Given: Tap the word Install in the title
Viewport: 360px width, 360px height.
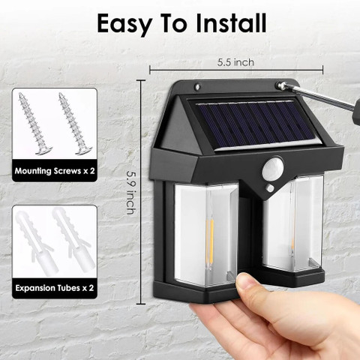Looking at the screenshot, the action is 231,23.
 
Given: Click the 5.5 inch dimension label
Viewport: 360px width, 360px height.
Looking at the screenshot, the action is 235,62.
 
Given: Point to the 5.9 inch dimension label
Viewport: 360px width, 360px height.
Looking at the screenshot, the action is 131,193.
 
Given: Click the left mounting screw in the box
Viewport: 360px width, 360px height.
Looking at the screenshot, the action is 35,124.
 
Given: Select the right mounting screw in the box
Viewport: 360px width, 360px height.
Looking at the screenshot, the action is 75,124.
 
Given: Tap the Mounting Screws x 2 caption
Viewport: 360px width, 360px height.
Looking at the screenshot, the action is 55,171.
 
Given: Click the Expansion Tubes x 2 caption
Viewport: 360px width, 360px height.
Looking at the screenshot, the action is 55,288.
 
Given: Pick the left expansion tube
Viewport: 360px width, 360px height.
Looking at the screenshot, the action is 35,241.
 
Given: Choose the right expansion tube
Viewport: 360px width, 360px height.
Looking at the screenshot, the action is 73,240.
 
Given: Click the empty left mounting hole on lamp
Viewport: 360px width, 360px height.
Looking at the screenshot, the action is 198,87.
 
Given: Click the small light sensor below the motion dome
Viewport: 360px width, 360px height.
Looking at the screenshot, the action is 270,188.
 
